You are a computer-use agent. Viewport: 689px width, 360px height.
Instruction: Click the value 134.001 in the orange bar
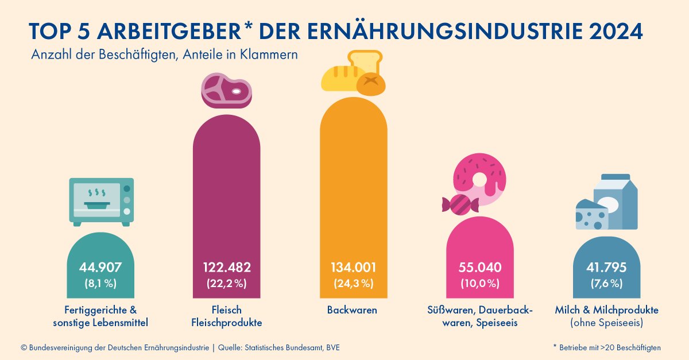[353, 268]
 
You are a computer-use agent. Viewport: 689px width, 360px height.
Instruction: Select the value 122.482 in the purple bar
[226, 268]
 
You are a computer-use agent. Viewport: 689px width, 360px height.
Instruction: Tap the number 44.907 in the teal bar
[100, 268]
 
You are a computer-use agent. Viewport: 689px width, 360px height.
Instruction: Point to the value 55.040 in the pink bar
[479, 268]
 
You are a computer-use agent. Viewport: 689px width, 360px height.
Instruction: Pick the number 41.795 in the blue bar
[606, 268]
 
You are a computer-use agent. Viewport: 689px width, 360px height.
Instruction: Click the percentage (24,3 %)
[353, 283]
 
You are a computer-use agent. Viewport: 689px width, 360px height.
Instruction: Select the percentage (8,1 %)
[100, 283]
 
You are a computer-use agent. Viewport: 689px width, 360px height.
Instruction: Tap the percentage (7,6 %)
[606, 283]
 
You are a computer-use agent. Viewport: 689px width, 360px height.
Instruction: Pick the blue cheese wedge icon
[591, 215]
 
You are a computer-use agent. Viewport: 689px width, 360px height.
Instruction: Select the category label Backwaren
[352, 310]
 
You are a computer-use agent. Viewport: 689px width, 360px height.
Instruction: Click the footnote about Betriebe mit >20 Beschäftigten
[607, 348]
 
